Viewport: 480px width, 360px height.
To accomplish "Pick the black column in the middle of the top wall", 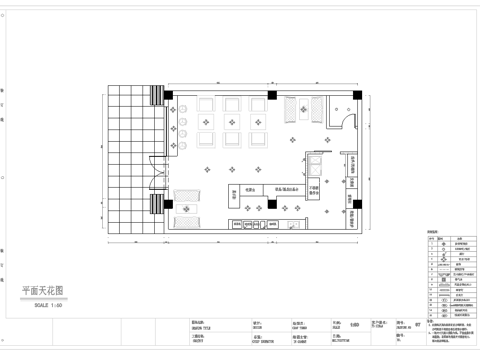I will coord(272,94).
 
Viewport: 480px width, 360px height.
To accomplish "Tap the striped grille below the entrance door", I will coord(157,206).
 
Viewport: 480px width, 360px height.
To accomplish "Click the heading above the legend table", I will coord(433,230).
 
